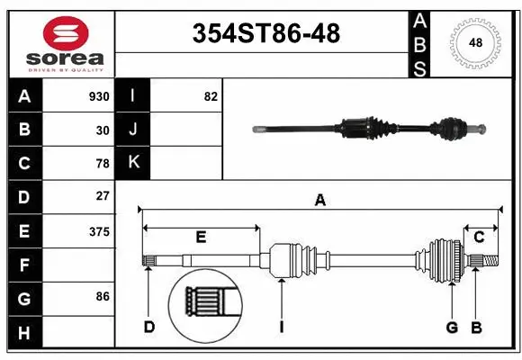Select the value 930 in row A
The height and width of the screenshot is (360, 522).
(x=99, y=96)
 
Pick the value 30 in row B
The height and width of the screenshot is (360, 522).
(x=103, y=130)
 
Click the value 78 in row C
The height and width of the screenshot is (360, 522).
(x=103, y=164)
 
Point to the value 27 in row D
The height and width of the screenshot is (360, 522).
(x=103, y=196)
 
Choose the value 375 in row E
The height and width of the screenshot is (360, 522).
(x=99, y=231)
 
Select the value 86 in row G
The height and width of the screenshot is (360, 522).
(x=103, y=295)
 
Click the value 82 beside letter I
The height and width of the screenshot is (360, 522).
(x=211, y=96)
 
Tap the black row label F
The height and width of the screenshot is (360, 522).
(x=24, y=265)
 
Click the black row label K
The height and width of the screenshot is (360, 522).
(x=133, y=163)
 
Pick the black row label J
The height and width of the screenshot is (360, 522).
(x=133, y=130)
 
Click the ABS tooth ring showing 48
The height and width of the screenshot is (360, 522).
(x=474, y=41)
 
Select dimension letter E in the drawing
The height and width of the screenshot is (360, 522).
(x=201, y=238)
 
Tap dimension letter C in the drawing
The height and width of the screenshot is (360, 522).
(x=479, y=238)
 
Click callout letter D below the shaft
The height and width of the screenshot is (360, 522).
(x=149, y=327)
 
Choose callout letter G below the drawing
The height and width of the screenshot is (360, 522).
(x=452, y=327)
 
